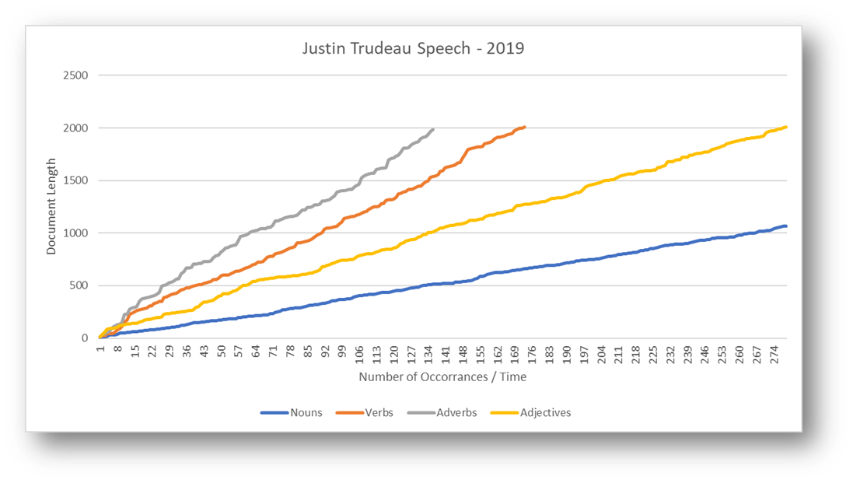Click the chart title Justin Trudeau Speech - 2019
pyautogui.click(x=413, y=49)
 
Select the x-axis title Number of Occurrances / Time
pyautogui.click(x=442, y=377)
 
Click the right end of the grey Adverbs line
pyautogui.click(x=433, y=129)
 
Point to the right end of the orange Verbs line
pyautogui.click(x=525, y=127)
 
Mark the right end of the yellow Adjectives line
pyautogui.click(x=786, y=127)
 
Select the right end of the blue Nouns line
pyautogui.click(x=786, y=226)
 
